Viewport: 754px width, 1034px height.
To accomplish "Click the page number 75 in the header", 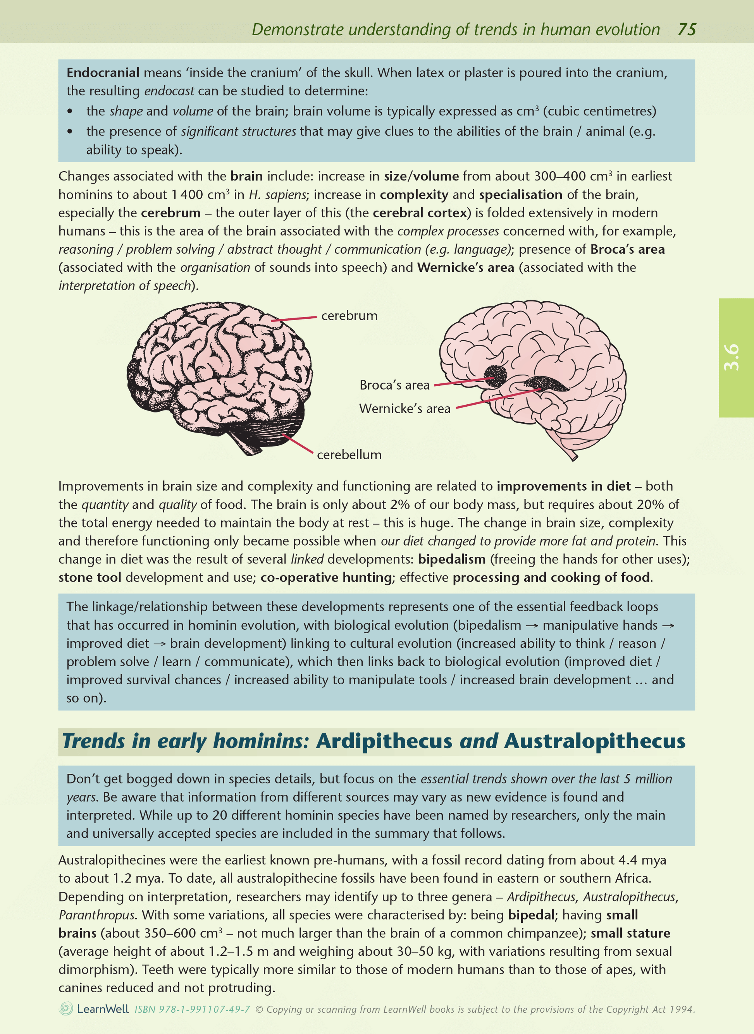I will (687, 30).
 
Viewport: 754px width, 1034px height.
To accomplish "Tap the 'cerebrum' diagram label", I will (349, 316).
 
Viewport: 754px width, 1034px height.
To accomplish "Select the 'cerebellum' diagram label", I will (349, 455).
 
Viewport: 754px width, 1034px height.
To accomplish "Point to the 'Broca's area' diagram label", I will (394, 385).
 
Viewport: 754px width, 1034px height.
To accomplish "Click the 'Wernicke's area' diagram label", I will (405, 408).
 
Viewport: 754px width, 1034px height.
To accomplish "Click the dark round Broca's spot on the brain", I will (495, 375).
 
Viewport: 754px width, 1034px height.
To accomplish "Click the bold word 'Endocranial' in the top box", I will (103, 72).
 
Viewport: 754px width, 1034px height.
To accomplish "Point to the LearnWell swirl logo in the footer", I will (66, 1008).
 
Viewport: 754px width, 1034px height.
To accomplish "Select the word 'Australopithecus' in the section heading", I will (594, 741).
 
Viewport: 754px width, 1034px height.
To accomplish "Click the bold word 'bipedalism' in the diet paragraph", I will (451, 559).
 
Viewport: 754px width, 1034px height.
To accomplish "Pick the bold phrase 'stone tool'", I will (90, 577).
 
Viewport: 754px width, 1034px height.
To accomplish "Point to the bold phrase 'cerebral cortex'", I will (420, 213).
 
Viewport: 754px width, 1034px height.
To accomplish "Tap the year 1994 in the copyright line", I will (682, 1009).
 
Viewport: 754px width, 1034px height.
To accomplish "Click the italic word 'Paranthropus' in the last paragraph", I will (97, 915).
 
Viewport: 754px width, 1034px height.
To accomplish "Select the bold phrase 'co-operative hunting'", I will (326, 577).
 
